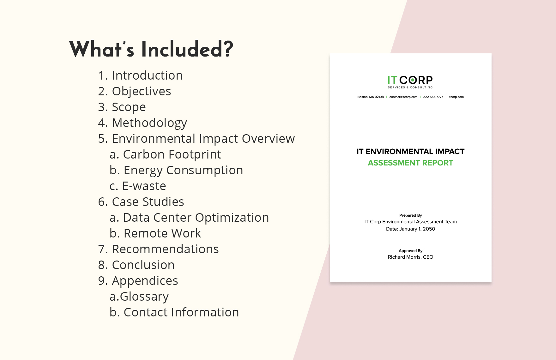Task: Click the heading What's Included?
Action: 151,49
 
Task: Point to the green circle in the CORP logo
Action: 413,80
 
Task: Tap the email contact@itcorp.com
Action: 403,97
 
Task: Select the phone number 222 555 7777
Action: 433,97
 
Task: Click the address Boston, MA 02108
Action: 370,97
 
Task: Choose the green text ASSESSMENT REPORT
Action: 410,163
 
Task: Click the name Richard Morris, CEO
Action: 410,257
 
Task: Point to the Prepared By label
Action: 410,215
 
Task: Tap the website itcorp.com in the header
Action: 456,97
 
